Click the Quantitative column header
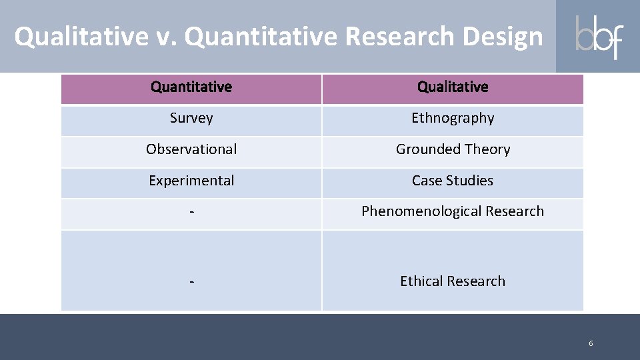tap(191, 87)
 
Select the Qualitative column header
tap(453, 87)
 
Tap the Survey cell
tap(191, 118)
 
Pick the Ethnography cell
tap(453, 118)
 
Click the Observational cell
tap(191, 149)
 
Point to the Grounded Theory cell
tap(453, 149)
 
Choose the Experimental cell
tap(191, 181)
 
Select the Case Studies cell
tap(453, 181)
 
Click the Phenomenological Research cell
tap(453, 211)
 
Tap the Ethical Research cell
tap(453, 281)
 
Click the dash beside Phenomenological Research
tap(191, 212)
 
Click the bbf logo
tap(599, 37)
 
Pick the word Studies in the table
tap(471, 181)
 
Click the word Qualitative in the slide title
tap(81, 37)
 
